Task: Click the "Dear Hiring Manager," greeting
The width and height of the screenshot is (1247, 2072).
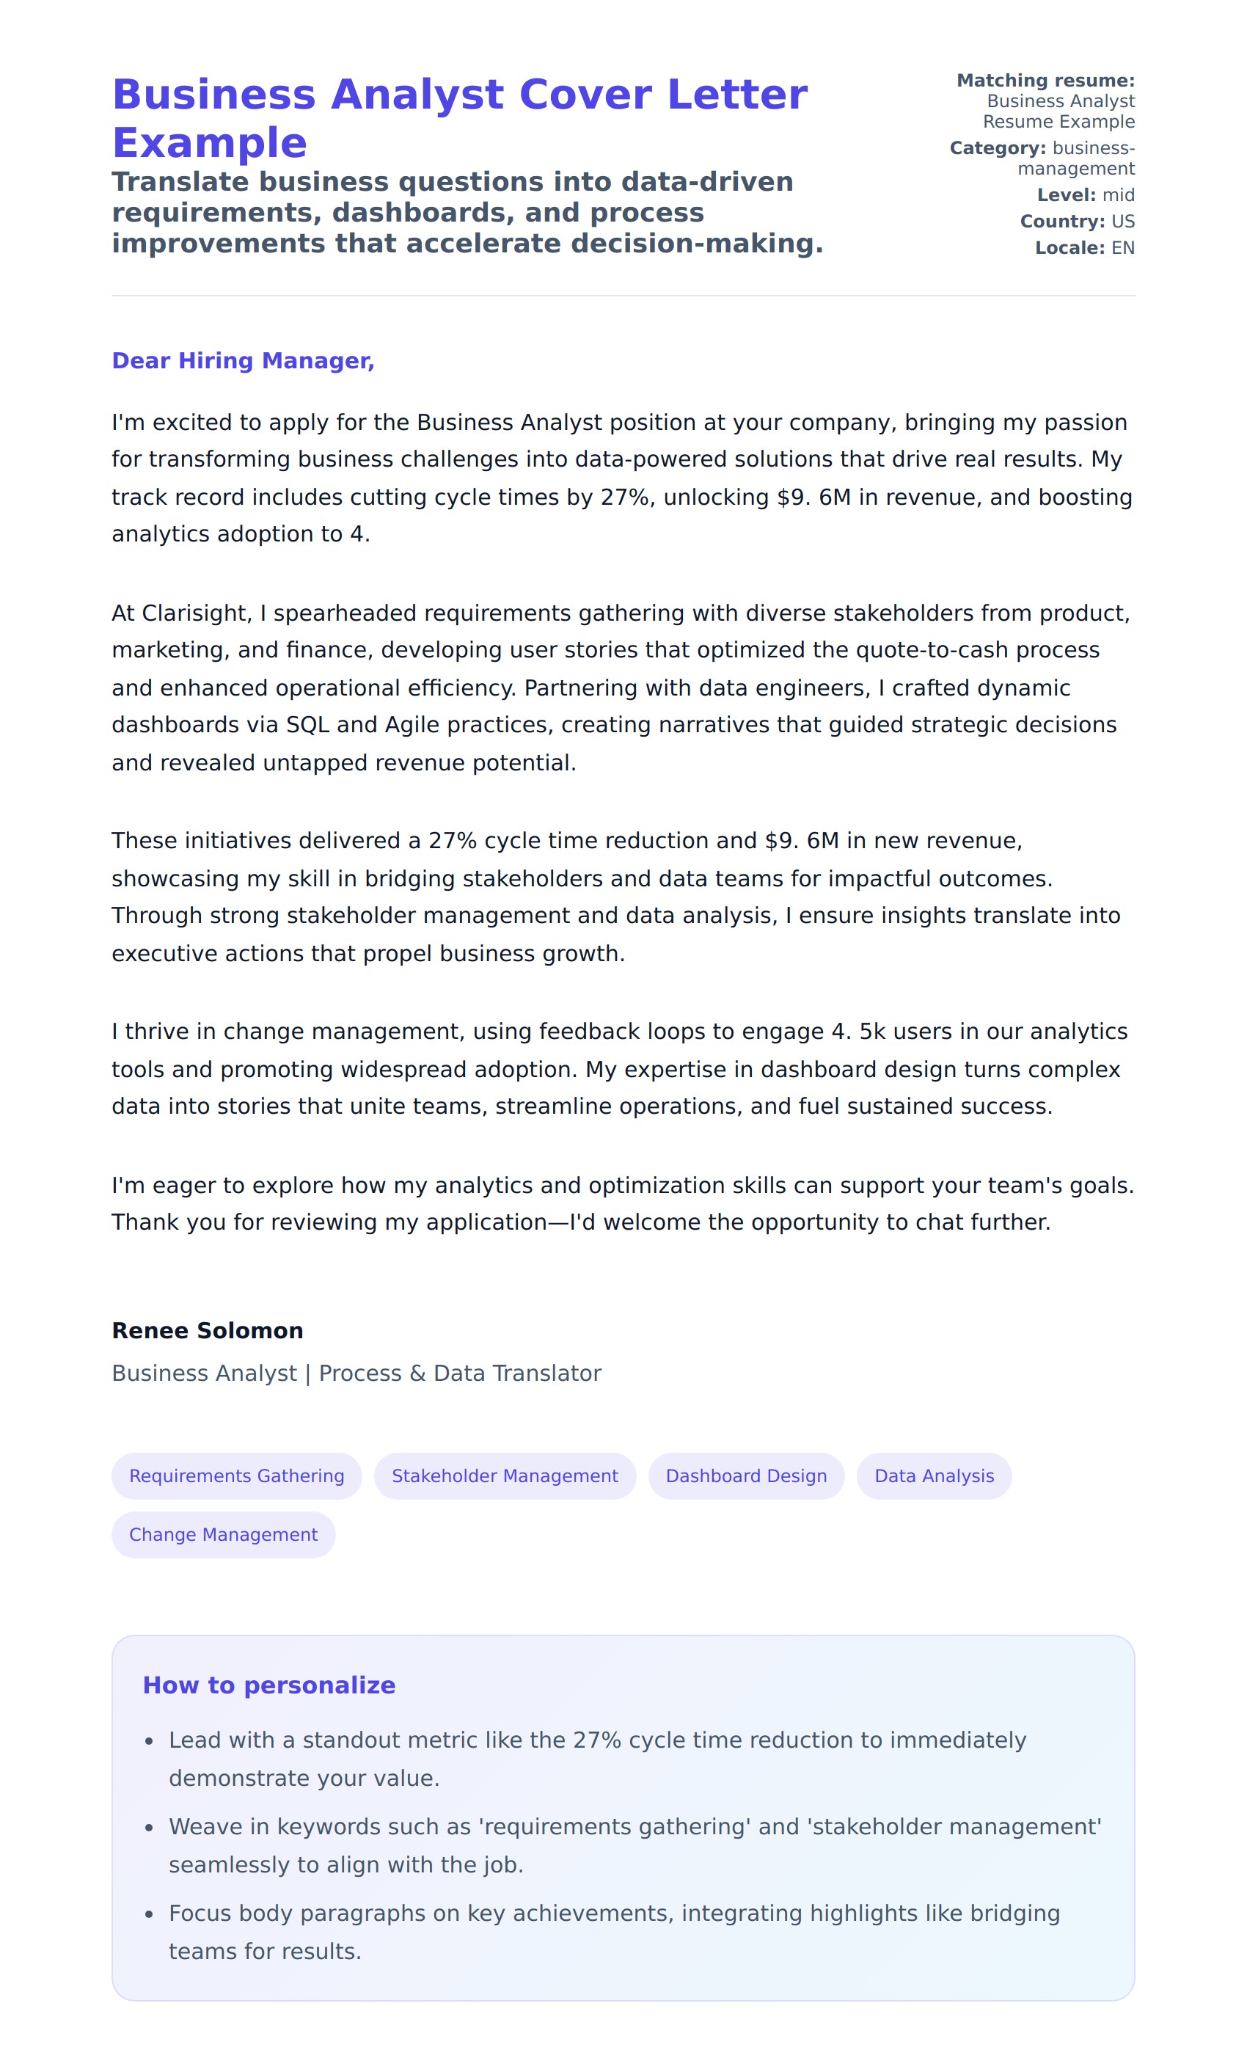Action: point(243,360)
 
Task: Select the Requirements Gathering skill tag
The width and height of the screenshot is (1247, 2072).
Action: point(236,1475)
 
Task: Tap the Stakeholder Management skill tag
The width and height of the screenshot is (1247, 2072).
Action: point(504,1475)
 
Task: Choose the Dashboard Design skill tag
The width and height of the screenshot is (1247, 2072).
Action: point(745,1475)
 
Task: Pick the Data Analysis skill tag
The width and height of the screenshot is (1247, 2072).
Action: point(934,1475)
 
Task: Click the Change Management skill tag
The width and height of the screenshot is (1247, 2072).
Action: point(223,1534)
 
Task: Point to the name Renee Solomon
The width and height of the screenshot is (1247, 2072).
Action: point(208,1330)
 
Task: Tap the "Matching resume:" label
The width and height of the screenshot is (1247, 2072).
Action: point(1045,81)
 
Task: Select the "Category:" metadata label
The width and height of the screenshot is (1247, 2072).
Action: point(998,148)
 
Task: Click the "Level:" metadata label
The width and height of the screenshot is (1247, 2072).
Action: point(1066,195)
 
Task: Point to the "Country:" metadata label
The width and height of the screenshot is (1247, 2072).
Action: point(1062,221)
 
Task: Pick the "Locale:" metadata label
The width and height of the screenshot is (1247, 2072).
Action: point(1069,248)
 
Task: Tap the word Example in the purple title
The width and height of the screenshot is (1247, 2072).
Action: point(209,143)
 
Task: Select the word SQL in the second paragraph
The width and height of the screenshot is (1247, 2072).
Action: point(307,725)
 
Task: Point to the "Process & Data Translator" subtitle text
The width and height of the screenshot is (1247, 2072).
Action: point(460,1373)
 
